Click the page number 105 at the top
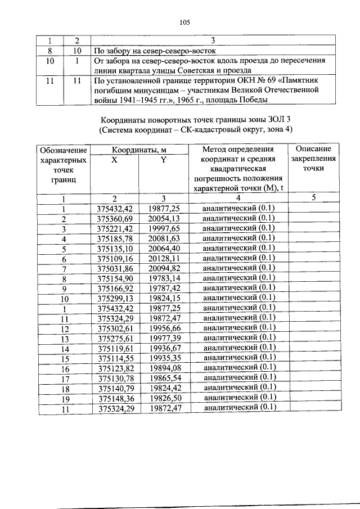coord(184,22)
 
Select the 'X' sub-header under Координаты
coord(114,160)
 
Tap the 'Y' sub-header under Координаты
coord(163,160)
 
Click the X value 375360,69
coord(114,218)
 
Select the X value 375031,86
coord(114,268)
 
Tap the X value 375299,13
coord(114,298)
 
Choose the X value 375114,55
coord(114,358)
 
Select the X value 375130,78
coord(114,377)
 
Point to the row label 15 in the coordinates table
coord(65,358)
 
